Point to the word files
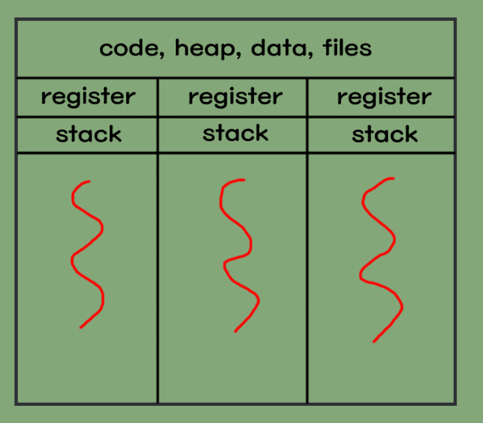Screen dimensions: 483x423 (x=346, y=49)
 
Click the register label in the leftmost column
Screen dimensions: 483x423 (x=88, y=97)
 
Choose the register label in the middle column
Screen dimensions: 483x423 (x=235, y=97)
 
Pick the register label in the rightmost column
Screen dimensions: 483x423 (x=384, y=97)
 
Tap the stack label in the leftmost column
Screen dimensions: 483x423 (x=88, y=135)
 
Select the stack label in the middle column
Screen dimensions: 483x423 (x=235, y=134)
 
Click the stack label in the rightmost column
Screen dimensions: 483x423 (x=385, y=136)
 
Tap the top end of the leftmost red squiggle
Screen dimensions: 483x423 (x=89, y=181)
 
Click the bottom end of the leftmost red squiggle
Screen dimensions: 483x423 (x=80, y=328)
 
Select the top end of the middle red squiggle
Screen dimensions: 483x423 (x=243, y=180)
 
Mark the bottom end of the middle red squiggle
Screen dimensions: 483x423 (x=235, y=331)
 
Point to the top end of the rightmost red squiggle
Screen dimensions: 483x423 (x=393, y=178)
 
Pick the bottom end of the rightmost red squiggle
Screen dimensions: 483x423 (x=374, y=342)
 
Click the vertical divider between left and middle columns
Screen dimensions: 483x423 (x=158, y=277)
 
